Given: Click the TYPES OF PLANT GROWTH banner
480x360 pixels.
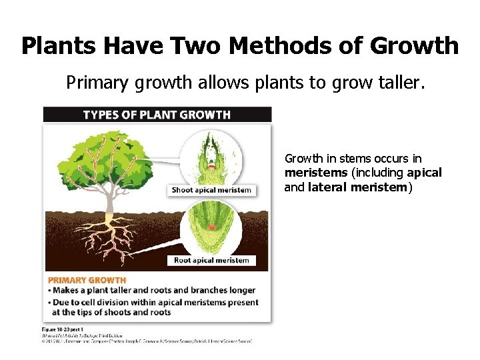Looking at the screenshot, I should click(157, 115).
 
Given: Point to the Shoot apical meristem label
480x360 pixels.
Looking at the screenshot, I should click(211, 190).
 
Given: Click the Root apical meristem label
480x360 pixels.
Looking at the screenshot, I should click(211, 260).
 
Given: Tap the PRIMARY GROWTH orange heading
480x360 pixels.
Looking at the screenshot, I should click(87, 280).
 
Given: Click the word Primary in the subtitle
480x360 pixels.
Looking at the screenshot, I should click(93, 83).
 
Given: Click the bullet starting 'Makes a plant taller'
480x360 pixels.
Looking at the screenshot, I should click(153, 291).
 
